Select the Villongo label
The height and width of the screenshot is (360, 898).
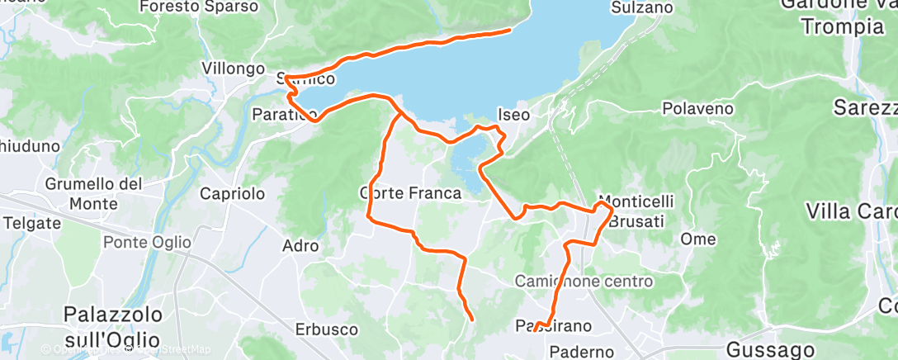click(x=234, y=69)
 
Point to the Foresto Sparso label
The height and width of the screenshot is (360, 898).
click(x=199, y=7)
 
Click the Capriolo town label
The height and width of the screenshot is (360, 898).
click(x=233, y=194)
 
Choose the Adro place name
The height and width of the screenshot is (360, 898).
click(x=300, y=245)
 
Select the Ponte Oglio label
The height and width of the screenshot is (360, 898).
click(x=147, y=243)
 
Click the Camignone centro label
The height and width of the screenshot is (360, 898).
click(x=584, y=282)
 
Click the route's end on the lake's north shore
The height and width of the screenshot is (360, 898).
click(x=508, y=31)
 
